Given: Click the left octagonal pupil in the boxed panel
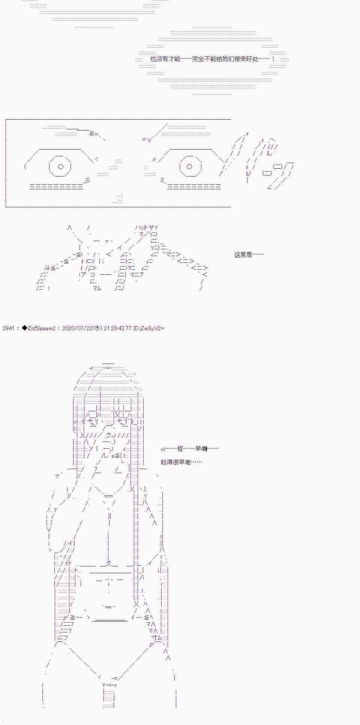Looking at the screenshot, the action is [60, 166].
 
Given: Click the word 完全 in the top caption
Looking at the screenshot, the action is [199, 59].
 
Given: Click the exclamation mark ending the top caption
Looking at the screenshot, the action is [273, 59].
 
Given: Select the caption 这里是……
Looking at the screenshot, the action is [249, 255].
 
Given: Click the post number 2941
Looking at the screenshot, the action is [8, 328].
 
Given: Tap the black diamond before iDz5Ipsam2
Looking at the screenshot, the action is [25, 328].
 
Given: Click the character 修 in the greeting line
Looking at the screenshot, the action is [180, 448].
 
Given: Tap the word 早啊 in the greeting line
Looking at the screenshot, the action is [201, 448].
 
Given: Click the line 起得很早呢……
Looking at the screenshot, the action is [181, 462].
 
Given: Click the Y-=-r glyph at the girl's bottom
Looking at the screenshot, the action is [109, 685].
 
